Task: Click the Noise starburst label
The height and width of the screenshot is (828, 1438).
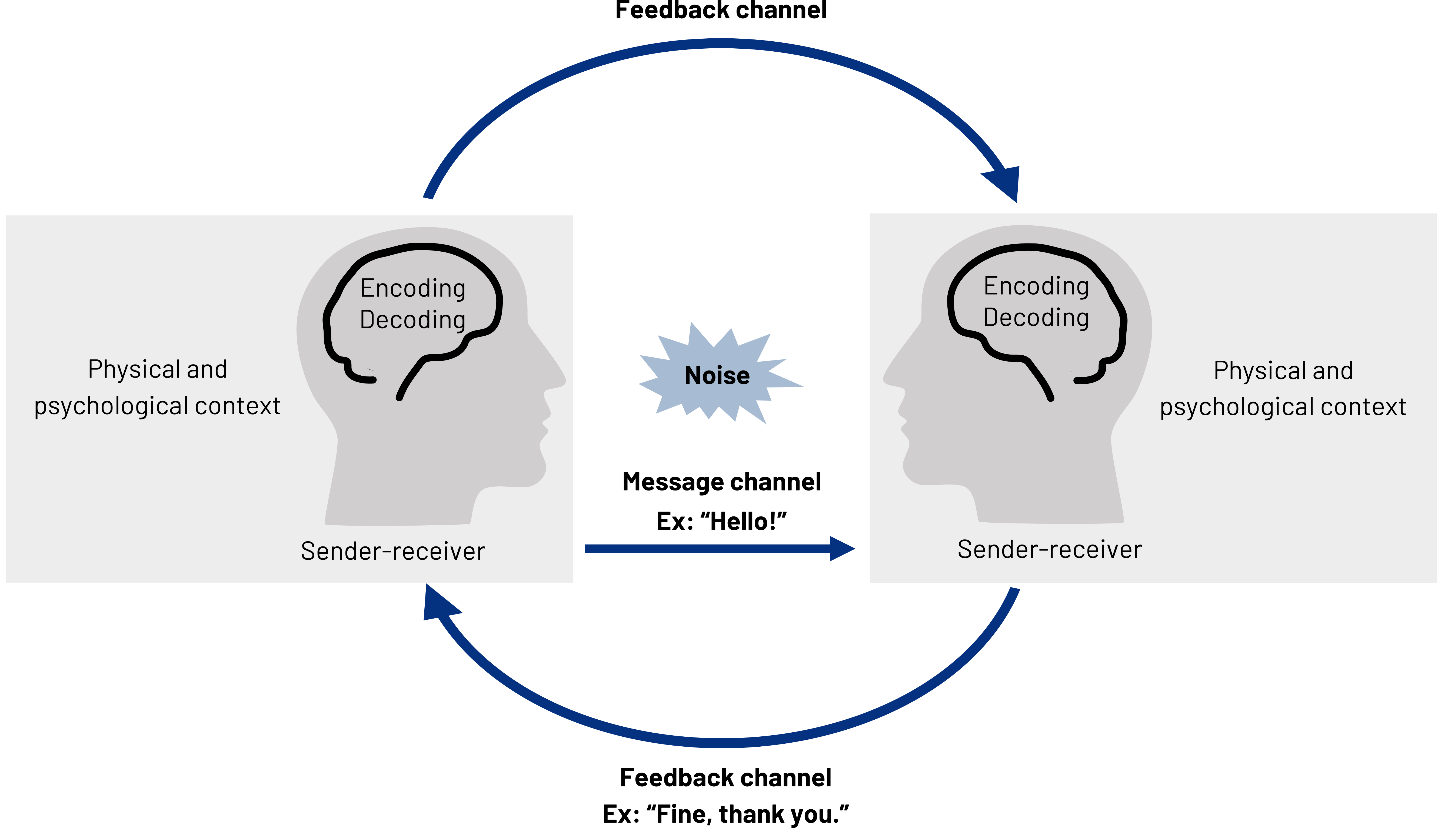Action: click(x=717, y=375)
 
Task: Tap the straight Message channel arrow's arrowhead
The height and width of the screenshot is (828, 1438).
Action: click(x=842, y=549)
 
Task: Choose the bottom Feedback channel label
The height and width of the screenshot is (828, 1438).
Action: click(x=725, y=777)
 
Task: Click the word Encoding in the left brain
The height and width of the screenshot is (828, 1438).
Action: click(x=413, y=288)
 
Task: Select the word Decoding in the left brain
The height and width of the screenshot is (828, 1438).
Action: click(x=413, y=320)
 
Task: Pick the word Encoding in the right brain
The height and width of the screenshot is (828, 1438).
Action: click(x=1036, y=286)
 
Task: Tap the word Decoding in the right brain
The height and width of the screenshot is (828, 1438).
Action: click(x=1036, y=317)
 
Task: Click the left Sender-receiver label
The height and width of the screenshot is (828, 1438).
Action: click(x=393, y=551)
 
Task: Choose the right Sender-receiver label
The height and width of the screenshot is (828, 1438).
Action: click(x=1050, y=549)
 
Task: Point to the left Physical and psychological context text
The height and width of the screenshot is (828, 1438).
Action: click(x=158, y=388)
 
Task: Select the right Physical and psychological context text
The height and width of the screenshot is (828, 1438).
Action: click(x=1283, y=389)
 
